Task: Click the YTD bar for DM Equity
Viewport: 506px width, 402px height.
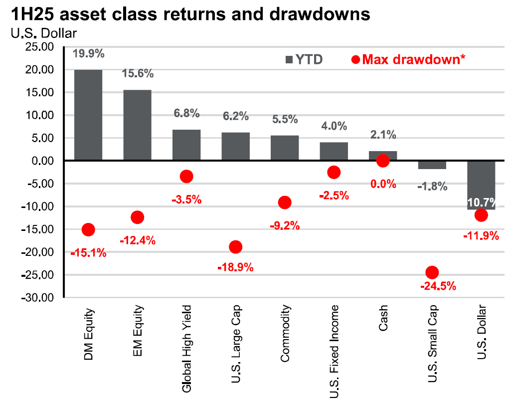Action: (x=88, y=115)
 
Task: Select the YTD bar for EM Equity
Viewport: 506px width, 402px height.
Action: (x=137, y=125)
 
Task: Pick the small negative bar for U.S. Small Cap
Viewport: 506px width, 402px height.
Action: (x=432, y=165)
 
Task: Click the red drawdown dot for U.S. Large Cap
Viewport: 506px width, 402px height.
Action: (x=235, y=247)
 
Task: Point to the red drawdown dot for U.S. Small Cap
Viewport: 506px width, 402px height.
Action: (x=432, y=272)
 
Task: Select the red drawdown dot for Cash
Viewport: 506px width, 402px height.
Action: (x=383, y=161)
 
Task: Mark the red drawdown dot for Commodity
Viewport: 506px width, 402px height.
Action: (x=285, y=202)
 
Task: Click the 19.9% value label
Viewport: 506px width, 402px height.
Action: (x=88, y=53)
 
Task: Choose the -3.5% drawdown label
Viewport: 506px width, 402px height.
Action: (x=186, y=200)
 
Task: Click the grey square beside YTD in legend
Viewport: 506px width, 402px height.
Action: (x=289, y=60)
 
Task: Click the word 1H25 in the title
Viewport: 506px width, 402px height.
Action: (x=29, y=14)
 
